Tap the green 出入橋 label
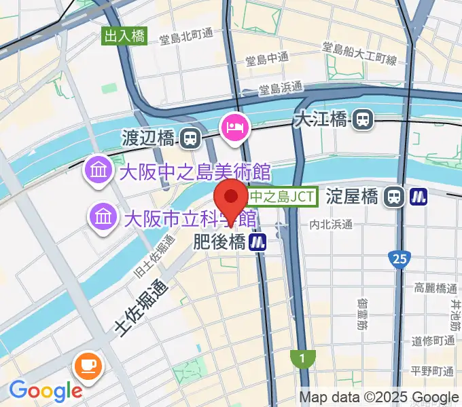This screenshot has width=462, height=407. pyautogui.click(x=125, y=37)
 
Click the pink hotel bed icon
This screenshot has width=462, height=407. pyautogui.click(x=234, y=126)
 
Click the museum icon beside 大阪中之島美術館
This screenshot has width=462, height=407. pyautogui.click(x=99, y=170)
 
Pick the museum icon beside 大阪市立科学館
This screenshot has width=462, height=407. pyautogui.click(x=104, y=218)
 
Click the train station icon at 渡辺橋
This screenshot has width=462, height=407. pyautogui.click(x=191, y=139)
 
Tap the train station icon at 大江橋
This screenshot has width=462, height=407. pyautogui.click(x=363, y=120)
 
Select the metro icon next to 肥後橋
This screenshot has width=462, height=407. pyautogui.click(x=257, y=241)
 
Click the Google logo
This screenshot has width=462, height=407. pyautogui.click(x=45, y=391)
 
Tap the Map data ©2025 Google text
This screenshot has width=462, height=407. pyautogui.click(x=379, y=398)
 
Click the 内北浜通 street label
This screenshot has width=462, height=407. pyautogui.click(x=331, y=225)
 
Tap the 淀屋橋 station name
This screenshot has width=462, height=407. pyautogui.click(x=351, y=197)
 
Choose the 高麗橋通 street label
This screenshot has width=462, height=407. pyautogui.click(x=434, y=288)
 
